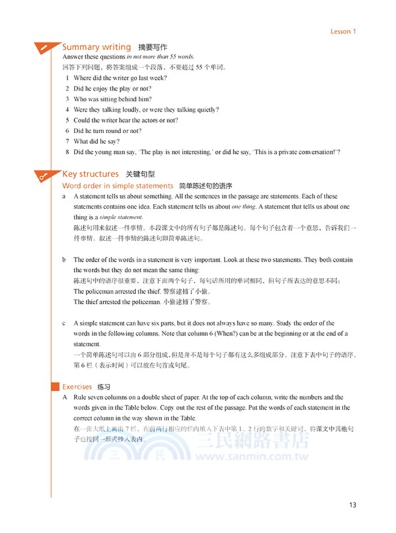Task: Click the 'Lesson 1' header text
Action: coord(343,31)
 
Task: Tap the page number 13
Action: coord(353,505)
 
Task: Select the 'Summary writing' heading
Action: coord(96,47)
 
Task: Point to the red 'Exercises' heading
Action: coord(77,386)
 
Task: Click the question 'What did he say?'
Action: coord(97,142)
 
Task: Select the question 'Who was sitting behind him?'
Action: coord(113,99)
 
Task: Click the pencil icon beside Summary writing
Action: coord(43,48)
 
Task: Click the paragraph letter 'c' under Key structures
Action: coord(63,323)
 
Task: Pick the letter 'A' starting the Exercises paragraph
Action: coord(64,397)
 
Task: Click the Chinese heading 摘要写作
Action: coord(153,48)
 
